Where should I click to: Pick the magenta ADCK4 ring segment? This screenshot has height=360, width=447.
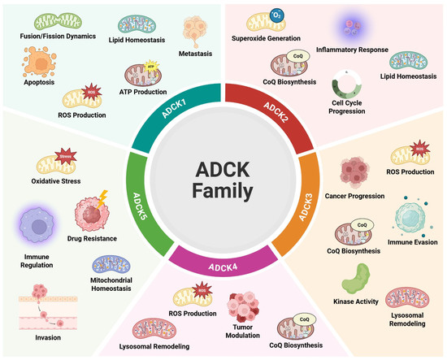(223, 262)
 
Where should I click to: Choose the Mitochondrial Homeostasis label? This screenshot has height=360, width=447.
(117, 285)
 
